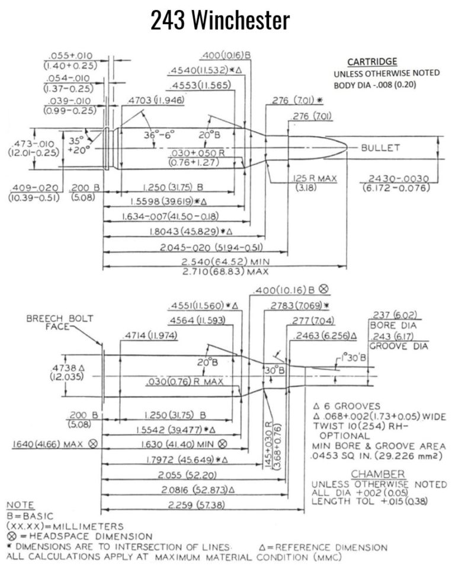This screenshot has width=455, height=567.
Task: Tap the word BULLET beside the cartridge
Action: coord(381,148)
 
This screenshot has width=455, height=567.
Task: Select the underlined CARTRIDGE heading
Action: coord(372,62)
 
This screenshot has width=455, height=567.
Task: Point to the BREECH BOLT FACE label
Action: coord(59,322)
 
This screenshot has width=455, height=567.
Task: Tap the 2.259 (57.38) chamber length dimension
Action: coord(196,505)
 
